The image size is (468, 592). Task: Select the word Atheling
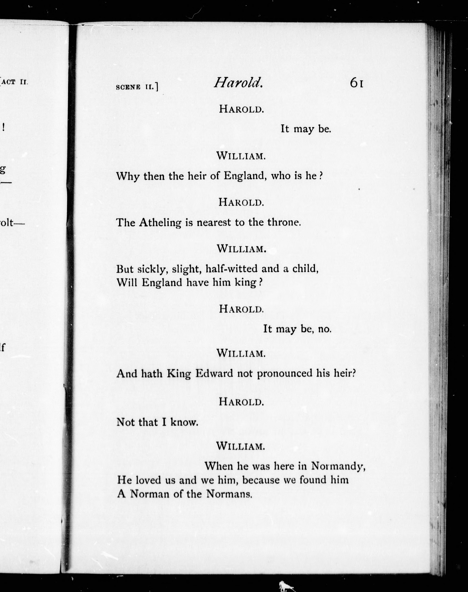pos(160,223)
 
